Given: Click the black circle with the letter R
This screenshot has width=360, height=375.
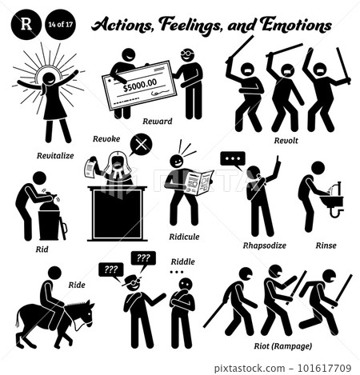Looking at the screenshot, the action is [x=26, y=24].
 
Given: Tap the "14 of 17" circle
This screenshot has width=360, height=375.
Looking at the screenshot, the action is [x=61, y=24].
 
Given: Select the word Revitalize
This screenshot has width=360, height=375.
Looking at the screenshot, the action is [x=55, y=156].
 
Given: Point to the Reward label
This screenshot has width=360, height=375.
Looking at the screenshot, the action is [x=158, y=122].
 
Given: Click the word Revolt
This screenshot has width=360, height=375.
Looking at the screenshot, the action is [x=286, y=141].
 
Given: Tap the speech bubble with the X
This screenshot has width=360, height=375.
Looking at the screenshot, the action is [x=141, y=146].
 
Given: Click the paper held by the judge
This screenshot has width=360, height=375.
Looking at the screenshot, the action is [x=90, y=168].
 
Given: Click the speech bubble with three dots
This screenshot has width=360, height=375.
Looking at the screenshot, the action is [x=233, y=160].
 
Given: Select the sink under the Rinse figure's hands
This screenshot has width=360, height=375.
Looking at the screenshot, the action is [x=331, y=201].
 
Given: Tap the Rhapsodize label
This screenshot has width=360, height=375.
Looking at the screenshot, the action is [x=265, y=245].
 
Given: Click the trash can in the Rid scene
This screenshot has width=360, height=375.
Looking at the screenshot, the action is [x=49, y=225].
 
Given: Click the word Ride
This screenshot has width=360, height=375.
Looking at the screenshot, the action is [x=77, y=285].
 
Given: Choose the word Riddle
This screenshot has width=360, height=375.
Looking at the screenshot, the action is [x=183, y=261].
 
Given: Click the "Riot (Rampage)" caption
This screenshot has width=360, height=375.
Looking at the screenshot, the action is [x=283, y=346].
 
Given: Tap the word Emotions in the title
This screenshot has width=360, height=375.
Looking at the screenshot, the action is [x=296, y=25].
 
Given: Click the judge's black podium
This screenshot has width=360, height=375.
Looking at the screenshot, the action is [x=118, y=213].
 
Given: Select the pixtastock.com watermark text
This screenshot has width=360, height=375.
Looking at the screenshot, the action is [x=250, y=369].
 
